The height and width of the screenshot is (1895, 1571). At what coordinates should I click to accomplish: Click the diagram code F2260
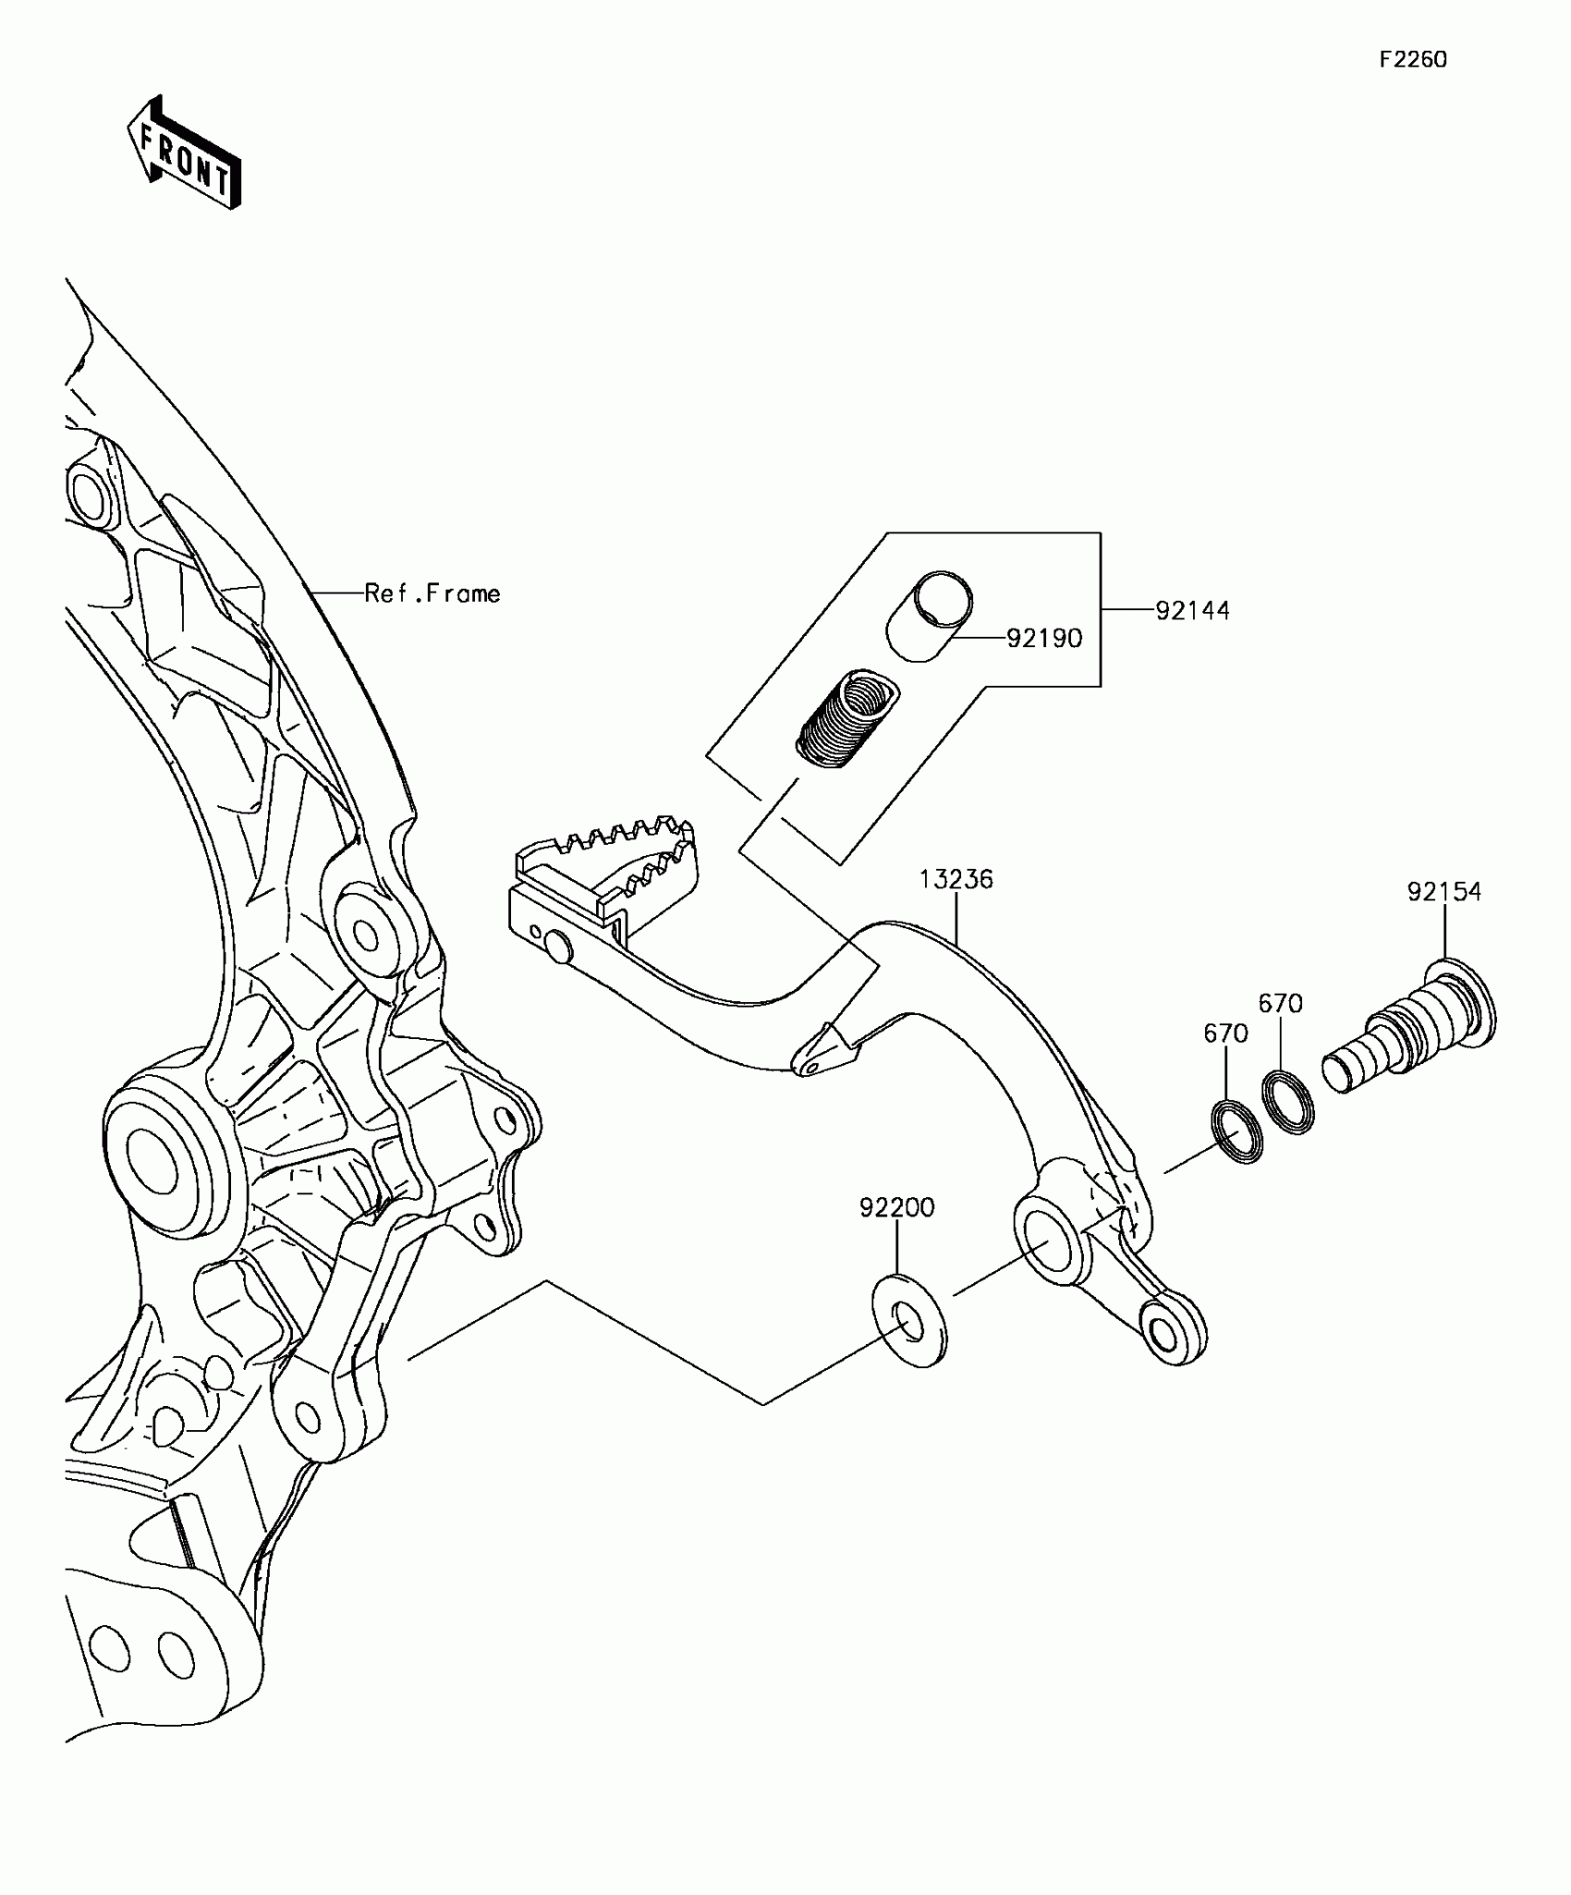click(x=1412, y=60)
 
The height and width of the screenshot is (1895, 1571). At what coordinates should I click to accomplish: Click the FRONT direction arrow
click(x=185, y=153)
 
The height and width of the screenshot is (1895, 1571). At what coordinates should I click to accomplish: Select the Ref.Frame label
click(x=432, y=593)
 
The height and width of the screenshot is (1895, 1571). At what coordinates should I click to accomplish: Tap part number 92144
click(x=1192, y=611)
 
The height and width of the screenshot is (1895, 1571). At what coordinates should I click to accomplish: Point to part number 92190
click(x=1043, y=639)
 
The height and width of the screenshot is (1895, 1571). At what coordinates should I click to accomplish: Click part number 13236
click(x=956, y=879)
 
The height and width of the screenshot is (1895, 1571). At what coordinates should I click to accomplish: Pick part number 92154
click(x=1443, y=892)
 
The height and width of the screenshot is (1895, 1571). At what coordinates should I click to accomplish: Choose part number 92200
click(x=896, y=1208)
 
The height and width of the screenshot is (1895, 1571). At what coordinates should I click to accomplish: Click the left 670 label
click(x=1225, y=1033)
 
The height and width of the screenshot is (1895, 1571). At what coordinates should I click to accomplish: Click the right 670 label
click(x=1280, y=1004)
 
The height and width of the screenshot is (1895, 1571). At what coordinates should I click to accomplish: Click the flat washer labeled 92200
click(x=909, y=1322)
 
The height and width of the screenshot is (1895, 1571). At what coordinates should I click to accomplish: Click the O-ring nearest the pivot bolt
click(x=1288, y=1100)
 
